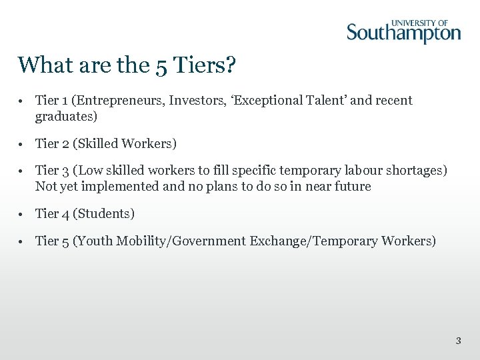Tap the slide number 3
(x=458, y=341)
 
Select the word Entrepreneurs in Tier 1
(x=119, y=101)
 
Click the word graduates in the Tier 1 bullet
(x=64, y=117)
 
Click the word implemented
(x=121, y=187)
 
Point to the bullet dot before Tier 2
(x=22, y=144)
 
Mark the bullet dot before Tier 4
(x=22, y=214)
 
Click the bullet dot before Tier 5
(x=22, y=241)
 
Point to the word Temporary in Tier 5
(x=343, y=241)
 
